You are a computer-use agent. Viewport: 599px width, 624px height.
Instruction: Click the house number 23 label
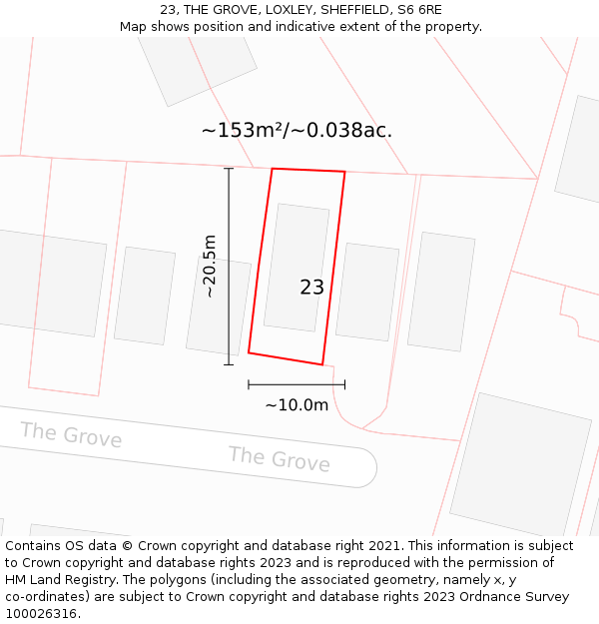tap(311, 288)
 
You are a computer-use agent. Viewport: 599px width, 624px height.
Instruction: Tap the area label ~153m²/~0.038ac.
tap(297, 131)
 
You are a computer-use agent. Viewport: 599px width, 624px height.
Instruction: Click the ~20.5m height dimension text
tap(210, 266)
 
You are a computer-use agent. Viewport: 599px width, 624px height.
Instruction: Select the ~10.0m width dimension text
tap(297, 405)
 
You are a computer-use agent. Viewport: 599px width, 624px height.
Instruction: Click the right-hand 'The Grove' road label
tap(279, 459)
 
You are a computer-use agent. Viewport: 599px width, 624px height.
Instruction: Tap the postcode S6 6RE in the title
tap(420, 10)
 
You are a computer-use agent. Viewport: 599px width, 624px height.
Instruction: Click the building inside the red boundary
tap(297, 267)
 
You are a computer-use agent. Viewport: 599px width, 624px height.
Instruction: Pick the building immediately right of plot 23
tap(367, 292)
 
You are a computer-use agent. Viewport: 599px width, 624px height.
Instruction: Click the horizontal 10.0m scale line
tap(297, 384)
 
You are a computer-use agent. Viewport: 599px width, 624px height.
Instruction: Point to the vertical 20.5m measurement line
tap(229, 266)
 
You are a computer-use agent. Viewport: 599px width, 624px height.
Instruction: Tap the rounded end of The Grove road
tap(365, 467)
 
